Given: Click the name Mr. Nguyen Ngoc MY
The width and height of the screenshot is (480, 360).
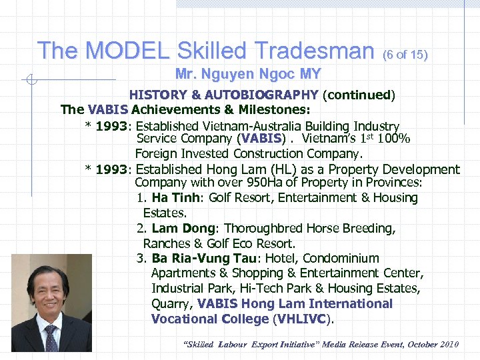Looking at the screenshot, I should pyautogui.click(x=248, y=73).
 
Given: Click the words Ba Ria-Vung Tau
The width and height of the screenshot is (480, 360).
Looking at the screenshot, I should pyautogui.click(x=208, y=258).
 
